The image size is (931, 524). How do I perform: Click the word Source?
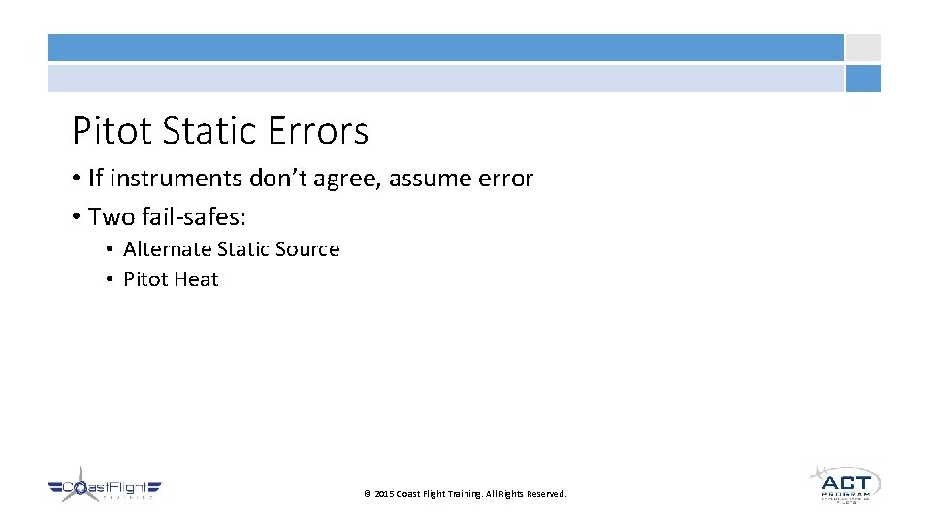pos(306,249)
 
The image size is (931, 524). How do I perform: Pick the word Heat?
pos(198,279)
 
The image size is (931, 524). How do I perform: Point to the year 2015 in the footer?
pos(384,494)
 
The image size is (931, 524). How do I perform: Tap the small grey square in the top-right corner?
pos(862,48)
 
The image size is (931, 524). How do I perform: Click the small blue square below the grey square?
pos(862,79)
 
